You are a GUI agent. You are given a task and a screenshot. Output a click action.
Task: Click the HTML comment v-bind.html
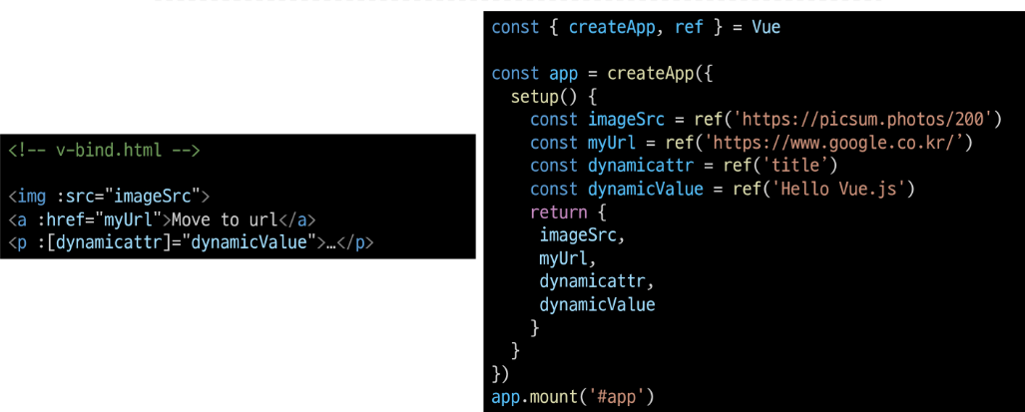point(104,151)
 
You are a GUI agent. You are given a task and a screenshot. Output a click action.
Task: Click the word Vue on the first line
point(766,27)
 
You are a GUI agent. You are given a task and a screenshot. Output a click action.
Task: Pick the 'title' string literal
point(798,166)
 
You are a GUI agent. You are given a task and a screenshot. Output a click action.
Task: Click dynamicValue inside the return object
point(597,304)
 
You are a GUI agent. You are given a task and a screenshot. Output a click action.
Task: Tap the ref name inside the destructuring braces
point(689,27)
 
